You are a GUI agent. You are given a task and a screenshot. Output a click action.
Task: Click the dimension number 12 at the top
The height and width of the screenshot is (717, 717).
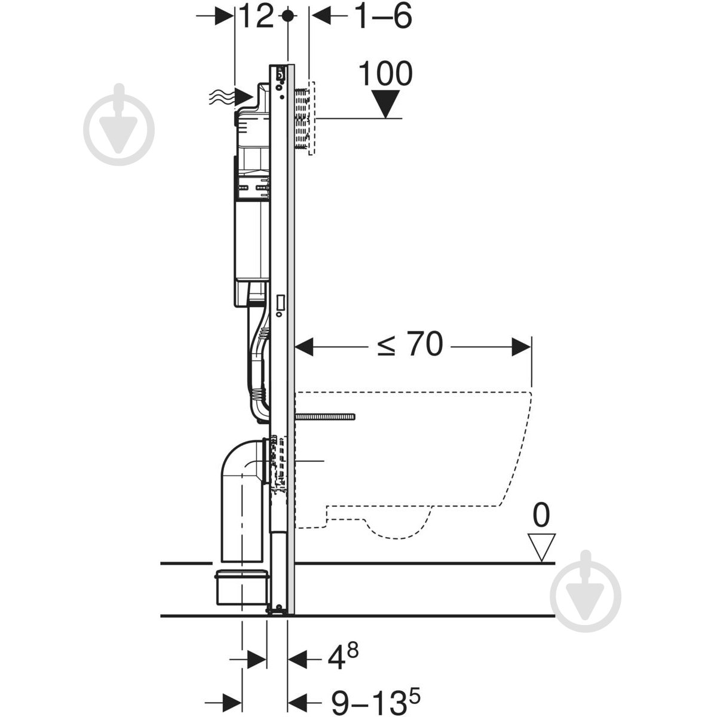tap(257, 16)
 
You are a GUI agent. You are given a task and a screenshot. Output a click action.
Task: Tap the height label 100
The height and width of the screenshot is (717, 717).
tap(385, 73)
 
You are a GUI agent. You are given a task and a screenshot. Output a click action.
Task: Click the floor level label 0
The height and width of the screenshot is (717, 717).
tap(541, 516)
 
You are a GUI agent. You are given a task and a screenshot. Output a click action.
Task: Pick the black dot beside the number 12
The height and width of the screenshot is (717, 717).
tap(287, 16)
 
